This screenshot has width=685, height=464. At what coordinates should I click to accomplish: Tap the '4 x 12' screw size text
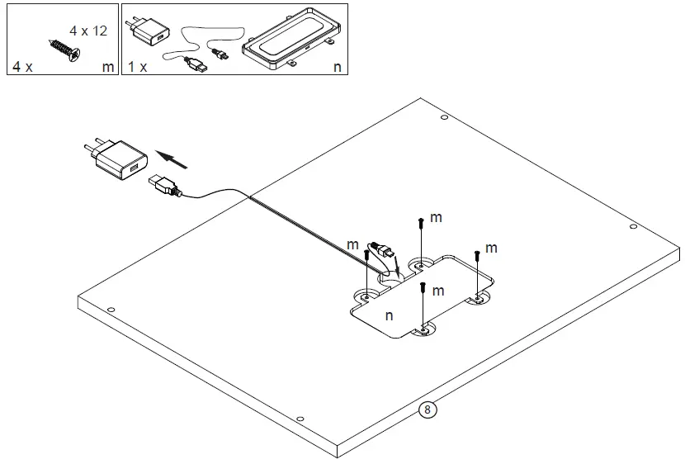point(87,31)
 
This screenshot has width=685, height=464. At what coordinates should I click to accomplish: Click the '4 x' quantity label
point(22,66)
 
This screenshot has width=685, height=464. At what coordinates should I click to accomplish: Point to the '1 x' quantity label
point(137,66)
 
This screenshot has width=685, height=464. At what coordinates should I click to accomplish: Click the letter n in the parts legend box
point(337,66)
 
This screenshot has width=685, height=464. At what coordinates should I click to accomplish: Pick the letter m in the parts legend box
point(108,66)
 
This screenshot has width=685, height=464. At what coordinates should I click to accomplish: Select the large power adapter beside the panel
point(116,160)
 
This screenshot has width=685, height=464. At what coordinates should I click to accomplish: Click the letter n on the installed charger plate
point(389,315)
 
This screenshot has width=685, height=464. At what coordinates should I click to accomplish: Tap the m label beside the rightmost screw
point(491,248)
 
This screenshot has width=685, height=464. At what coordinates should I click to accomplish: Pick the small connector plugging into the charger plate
point(382,249)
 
